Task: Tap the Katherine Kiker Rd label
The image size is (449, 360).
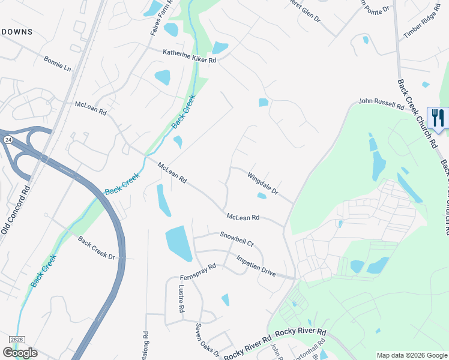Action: tap(189, 56)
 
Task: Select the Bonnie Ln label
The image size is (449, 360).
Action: tap(57, 64)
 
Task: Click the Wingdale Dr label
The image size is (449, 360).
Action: tap(263, 183)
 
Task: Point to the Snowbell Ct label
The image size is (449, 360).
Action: tap(237, 239)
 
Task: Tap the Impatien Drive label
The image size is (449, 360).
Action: tap(256, 266)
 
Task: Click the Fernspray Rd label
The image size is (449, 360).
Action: tap(197, 273)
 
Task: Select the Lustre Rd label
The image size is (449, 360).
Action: tap(181, 298)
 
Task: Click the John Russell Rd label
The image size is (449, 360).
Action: tap(381, 104)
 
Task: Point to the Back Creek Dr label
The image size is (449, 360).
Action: tap(96, 248)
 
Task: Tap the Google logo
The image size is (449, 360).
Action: tap(20, 352)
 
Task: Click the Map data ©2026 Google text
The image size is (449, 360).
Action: tap(411, 355)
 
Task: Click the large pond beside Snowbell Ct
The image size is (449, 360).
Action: tap(179, 243)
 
